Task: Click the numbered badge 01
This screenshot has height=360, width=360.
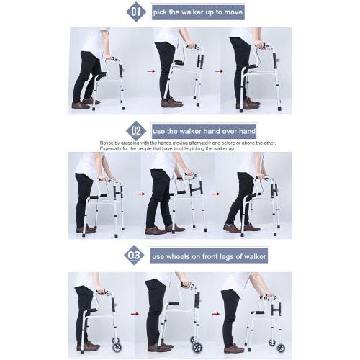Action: [x=136, y=12]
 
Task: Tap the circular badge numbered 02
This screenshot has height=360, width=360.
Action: [x=136, y=131]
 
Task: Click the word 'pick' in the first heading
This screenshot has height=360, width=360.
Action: [x=162, y=13]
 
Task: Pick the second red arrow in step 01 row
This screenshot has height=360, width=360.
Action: [x=217, y=71]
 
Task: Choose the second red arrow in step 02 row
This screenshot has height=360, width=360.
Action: [x=211, y=193]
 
